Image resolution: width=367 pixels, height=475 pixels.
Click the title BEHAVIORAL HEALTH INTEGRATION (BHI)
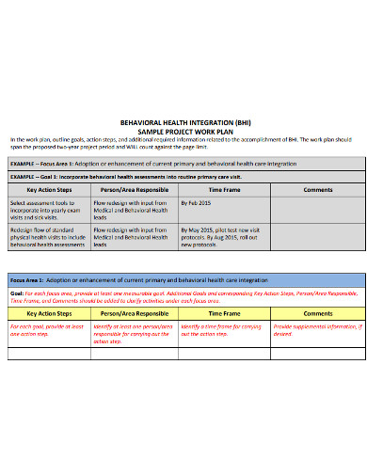183,122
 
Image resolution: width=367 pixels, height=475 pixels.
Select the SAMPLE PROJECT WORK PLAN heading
183,130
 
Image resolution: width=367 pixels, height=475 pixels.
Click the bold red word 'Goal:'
17,293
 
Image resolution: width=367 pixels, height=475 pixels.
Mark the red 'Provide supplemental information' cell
316,329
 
